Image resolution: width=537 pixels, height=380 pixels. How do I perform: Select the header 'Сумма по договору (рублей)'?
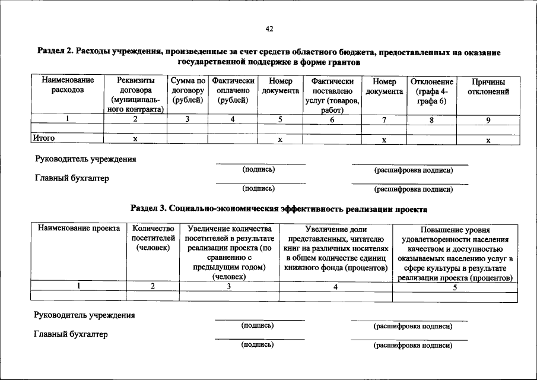187,91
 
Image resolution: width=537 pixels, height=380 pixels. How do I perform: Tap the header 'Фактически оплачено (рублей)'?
233,91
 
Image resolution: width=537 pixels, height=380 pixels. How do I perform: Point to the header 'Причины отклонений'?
488,87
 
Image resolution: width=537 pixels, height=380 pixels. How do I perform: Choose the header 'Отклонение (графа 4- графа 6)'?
431,91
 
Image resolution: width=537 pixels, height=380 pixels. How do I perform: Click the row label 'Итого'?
43,138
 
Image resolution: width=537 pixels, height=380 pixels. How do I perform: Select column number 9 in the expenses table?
488,119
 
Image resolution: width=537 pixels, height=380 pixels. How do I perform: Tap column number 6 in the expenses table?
332,119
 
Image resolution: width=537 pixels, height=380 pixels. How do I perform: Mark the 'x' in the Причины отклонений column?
488,140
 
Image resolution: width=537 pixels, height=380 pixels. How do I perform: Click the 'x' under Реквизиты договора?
135,139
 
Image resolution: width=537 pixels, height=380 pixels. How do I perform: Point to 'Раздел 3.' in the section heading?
148,209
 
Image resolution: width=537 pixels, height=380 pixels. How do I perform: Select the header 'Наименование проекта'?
78,229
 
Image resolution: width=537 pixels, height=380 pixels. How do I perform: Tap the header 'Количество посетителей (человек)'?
153,237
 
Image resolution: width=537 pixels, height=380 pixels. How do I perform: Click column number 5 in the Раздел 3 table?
455,287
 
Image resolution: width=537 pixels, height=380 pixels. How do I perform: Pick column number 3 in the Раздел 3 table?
228,286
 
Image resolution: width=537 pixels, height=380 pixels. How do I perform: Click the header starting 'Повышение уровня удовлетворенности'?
455,254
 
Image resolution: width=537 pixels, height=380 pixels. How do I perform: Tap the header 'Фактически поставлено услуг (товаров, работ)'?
332,95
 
